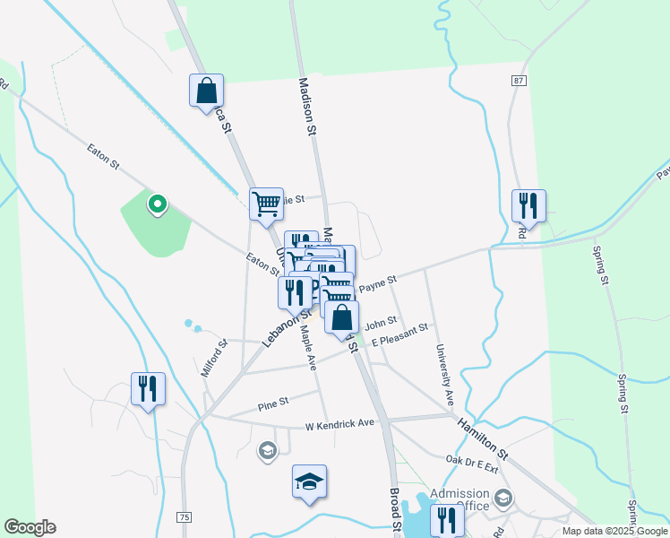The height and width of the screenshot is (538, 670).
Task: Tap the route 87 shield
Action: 519,81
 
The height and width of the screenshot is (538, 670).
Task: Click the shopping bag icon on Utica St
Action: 206,91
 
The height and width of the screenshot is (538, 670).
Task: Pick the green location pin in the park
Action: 157,204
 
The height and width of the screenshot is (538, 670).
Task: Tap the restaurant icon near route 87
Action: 528,205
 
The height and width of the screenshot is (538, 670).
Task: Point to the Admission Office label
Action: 460,499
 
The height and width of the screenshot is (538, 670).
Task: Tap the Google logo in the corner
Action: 30,527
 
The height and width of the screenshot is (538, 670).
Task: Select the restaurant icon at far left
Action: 148,388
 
